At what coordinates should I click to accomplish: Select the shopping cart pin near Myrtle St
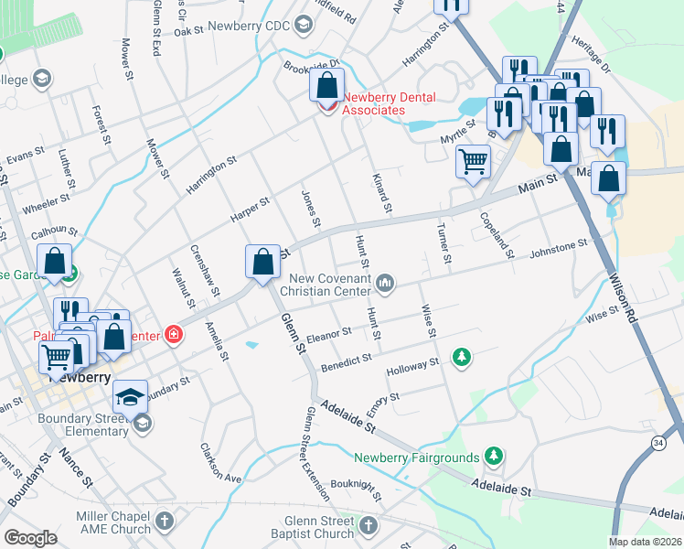tap(473, 163)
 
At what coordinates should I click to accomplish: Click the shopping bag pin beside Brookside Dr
tap(326, 86)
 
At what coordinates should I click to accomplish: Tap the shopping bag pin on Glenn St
tap(262, 262)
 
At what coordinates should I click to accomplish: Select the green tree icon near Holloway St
tap(463, 356)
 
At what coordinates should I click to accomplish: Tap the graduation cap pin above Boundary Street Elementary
tap(130, 397)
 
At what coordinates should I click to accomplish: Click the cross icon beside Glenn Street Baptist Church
tap(368, 525)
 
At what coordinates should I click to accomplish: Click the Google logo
tap(30, 538)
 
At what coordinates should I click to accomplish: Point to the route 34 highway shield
tap(658, 444)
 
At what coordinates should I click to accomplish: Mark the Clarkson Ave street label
tap(220, 464)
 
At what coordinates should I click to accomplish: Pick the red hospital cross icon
tap(173, 336)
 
